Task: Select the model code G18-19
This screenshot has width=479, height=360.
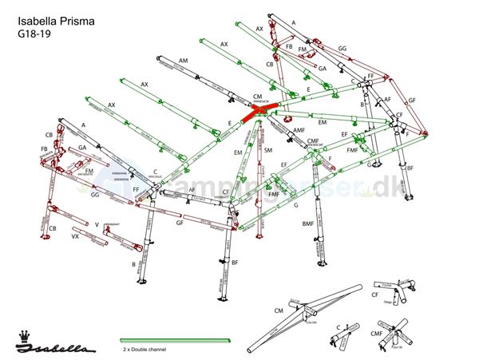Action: click(34, 34)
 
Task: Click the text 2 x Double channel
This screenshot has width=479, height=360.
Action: click(149, 350)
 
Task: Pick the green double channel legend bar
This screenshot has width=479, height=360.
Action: click(176, 340)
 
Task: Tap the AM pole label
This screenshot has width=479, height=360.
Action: click(184, 61)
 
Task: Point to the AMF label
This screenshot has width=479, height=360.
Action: click(299, 130)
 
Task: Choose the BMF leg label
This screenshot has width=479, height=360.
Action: click(307, 224)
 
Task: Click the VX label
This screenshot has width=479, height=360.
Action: click(75, 237)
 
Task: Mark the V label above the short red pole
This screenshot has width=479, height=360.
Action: click(97, 224)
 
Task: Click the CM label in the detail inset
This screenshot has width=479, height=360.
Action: click(279, 311)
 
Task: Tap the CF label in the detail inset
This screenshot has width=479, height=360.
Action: click(375, 295)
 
